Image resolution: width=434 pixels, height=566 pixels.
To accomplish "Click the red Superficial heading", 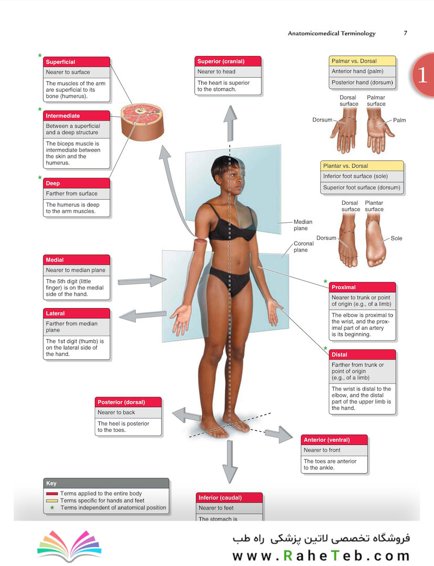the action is tap(77, 62).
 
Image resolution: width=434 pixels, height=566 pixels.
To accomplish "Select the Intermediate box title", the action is tap(77, 115).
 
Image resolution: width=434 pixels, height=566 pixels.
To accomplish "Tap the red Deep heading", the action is tap(77, 183).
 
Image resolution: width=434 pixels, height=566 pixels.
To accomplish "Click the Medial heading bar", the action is tap(77, 259).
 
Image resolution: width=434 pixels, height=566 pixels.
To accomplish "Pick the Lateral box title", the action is tap(77, 313).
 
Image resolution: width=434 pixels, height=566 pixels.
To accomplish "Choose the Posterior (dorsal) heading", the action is tap(128, 402).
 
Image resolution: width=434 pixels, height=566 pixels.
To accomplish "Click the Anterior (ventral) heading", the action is tap(334, 440).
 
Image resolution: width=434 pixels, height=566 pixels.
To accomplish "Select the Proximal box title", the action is tap(363, 287).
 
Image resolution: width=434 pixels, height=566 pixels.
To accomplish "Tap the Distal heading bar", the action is tap(363, 354).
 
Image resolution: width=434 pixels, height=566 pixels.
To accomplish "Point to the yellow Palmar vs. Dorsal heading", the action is tap(363, 61).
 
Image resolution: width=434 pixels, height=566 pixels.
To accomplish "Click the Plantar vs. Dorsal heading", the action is tap(362, 166).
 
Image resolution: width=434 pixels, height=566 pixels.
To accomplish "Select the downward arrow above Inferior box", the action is tap(230, 462).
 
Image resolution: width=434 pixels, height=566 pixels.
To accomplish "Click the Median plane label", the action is tap(302, 225).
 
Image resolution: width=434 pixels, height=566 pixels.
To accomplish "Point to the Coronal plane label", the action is tap(303, 246).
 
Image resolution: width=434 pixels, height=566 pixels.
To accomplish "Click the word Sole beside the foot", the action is tap(396, 238).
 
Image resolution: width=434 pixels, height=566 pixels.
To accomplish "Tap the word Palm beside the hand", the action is tap(399, 120).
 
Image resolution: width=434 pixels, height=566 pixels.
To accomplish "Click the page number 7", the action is tap(406, 33).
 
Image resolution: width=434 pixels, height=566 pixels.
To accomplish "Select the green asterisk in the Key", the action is tap(52, 507).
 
